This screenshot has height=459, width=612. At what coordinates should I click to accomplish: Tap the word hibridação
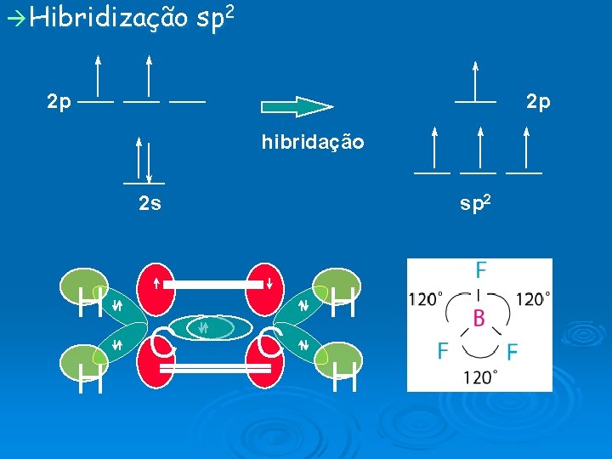click(313, 142)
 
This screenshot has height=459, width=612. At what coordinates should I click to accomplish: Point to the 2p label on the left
click(59, 102)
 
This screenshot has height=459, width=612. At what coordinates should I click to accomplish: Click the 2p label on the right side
click(538, 102)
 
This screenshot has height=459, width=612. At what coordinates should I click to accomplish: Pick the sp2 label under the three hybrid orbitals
click(475, 203)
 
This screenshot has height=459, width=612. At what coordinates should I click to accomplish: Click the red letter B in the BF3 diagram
click(479, 319)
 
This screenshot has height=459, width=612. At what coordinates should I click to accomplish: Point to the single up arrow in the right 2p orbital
click(475, 81)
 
